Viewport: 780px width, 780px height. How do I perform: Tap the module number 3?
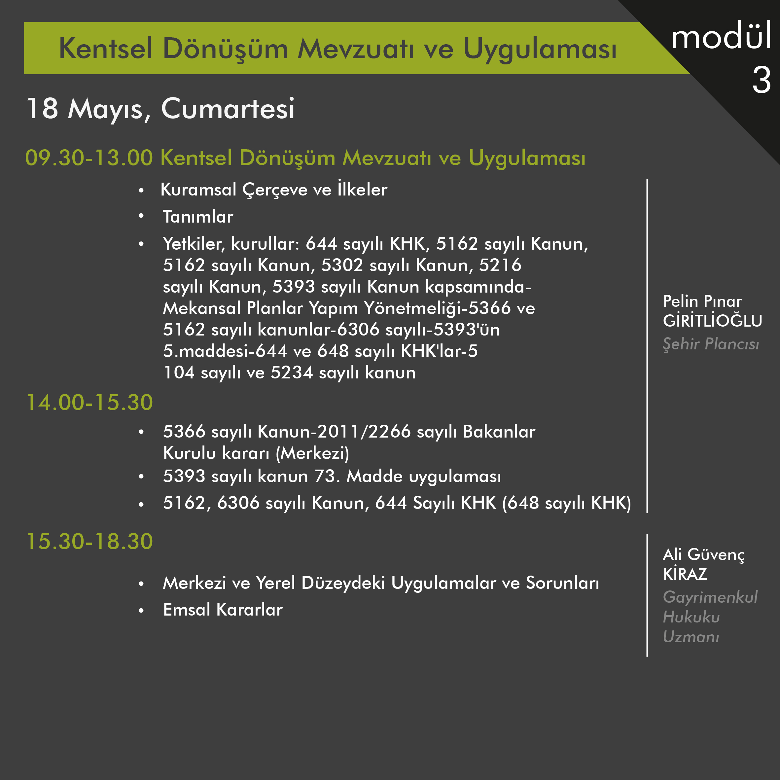click(762, 80)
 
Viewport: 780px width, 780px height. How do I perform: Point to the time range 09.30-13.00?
click(89, 158)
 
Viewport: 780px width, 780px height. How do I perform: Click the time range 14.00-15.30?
click(89, 403)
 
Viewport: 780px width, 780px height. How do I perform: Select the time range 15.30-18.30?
click(89, 541)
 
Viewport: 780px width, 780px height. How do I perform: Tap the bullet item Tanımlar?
click(198, 217)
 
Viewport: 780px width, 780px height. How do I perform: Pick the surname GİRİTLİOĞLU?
click(712, 321)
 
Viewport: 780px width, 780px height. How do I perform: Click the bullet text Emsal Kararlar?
click(223, 610)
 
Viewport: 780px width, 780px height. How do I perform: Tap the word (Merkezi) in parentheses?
click(312, 453)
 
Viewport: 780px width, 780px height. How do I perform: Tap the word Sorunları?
click(562, 583)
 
